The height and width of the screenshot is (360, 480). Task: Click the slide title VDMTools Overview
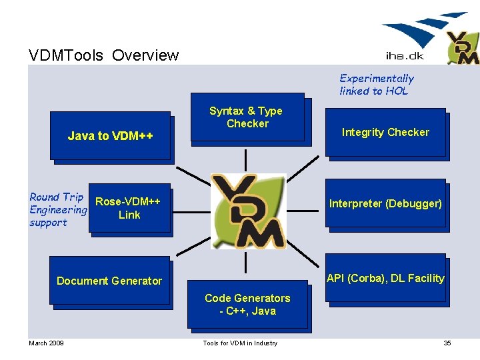pos(104,55)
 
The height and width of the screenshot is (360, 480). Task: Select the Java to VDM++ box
pos(111,136)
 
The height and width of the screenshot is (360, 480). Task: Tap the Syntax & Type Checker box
pos(246,118)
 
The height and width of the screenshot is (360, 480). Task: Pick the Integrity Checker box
pos(385,133)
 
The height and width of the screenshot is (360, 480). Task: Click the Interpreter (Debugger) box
pos(385,203)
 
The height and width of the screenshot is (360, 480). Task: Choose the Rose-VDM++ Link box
pos(129,208)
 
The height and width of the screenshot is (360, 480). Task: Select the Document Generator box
pos(110,281)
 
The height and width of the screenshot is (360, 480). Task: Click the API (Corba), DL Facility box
pos(385,278)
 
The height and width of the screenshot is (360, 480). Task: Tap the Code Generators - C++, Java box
pos(247,305)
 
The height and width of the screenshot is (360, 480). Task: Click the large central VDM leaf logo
pos(248,211)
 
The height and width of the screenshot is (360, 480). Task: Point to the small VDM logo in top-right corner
pos(462,49)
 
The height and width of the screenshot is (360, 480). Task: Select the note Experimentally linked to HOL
pos(377,85)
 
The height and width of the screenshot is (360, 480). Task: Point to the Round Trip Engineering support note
pos(57,209)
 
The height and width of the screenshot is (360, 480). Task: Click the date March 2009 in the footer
pos(46,343)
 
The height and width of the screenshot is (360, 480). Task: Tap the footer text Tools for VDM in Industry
pos(240,343)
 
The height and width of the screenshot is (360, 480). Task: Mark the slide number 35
pos(447,343)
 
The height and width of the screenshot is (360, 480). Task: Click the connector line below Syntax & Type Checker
pos(246,159)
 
